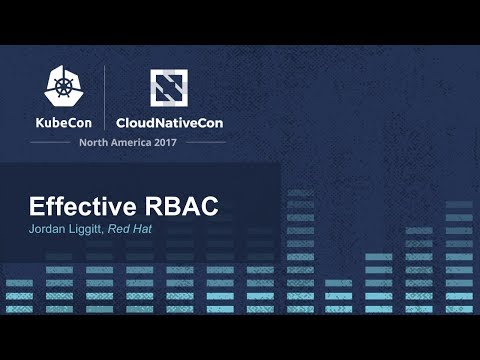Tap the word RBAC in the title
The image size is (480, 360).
(181, 207)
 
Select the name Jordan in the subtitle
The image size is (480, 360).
(48, 230)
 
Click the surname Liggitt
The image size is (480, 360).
(92, 230)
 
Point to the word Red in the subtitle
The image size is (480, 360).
(131, 230)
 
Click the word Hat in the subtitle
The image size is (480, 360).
(156, 230)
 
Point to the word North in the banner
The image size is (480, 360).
(93, 142)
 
